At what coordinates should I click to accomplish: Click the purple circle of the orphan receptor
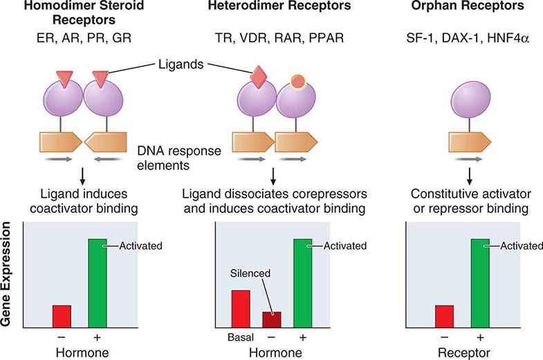click(461, 100)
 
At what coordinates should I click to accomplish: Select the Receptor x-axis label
click(462, 353)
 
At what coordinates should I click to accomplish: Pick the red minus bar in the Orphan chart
click(444, 316)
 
